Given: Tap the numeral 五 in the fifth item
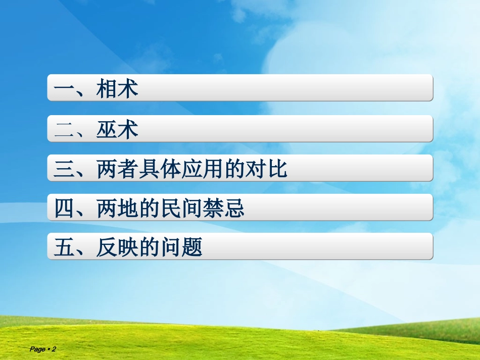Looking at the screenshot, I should (64, 248).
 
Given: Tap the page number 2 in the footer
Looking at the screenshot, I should (54, 349).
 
